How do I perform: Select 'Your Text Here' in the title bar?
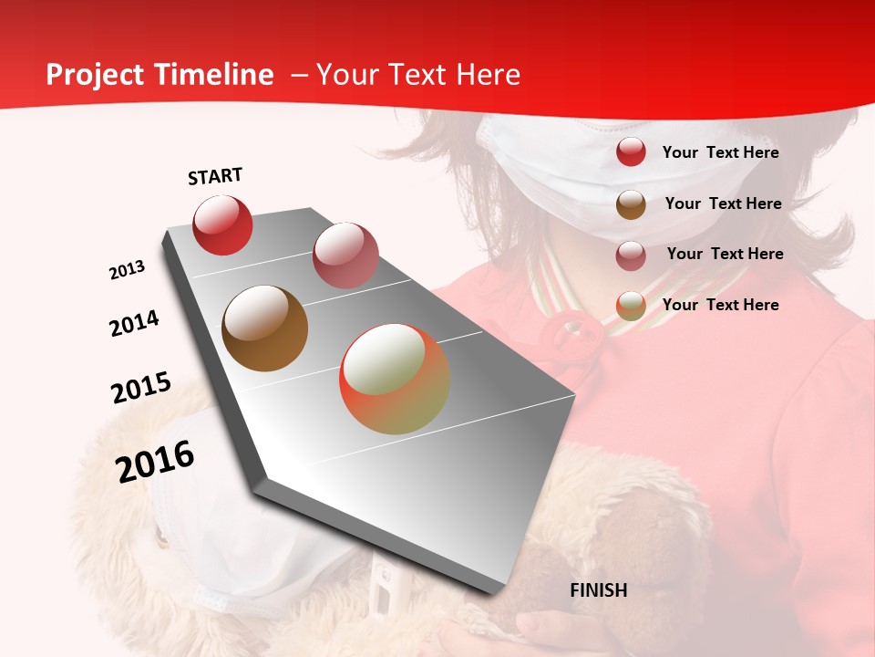(x=417, y=75)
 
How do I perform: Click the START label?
(x=215, y=177)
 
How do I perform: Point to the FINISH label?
(x=598, y=590)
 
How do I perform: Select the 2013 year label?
(x=128, y=270)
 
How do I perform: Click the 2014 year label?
(x=134, y=324)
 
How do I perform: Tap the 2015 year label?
(x=141, y=388)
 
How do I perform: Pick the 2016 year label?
(x=155, y=462)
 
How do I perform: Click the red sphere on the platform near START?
(x=222, y=224)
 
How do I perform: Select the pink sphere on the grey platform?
(x=345, y=255)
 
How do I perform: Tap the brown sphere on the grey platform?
(x=265, y=328)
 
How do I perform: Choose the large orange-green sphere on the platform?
(x=395, y=379)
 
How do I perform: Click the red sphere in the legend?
(x=631, y=152)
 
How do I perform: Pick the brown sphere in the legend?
(x=631, y=204)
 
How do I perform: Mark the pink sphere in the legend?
(x=631, y=255)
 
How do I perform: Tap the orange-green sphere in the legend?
(x=631, y=306)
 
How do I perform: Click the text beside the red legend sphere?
(x=720, y=152)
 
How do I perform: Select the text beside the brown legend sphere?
(x=723, y=203)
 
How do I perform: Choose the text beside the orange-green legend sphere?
(x=720, y=305)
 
